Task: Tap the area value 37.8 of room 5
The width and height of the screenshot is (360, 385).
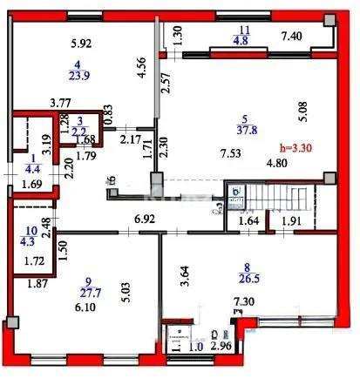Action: [x=249, y=135]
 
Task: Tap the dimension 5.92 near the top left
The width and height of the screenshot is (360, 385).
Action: [x=81, y=43]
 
